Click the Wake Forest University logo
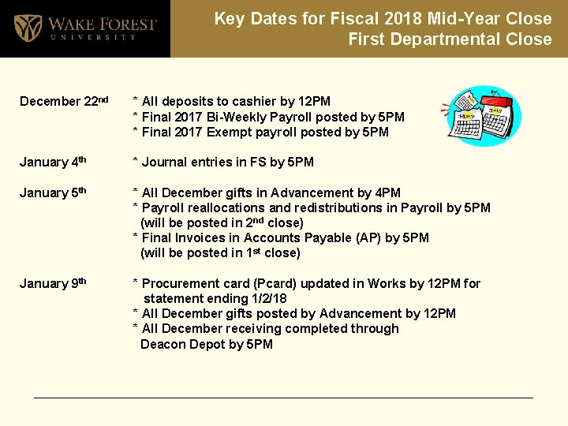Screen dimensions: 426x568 [x=84, y=29]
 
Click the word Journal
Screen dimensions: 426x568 [x=165, y=163]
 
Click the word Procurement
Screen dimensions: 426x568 [x=177, y=283]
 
